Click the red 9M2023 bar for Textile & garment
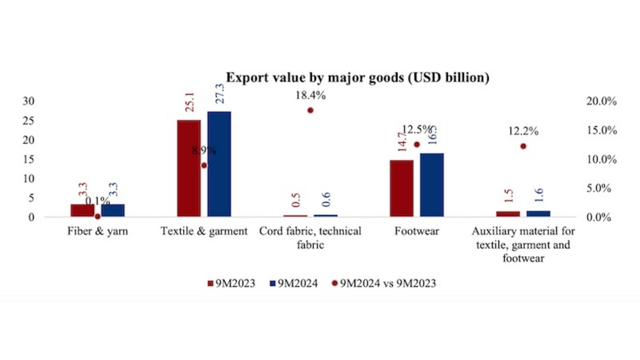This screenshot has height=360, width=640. [x=189, y=168]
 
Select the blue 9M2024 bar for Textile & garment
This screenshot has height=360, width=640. [x=219, y=164]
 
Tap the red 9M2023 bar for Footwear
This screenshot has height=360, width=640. [x=402, y=188]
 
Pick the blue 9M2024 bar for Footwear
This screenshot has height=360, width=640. [x=432, y=185]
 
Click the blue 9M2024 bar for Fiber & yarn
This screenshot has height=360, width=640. [x=113, y=210]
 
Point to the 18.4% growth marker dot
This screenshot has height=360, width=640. [x=310, y=110]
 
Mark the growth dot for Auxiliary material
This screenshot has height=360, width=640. [x=523, y=146]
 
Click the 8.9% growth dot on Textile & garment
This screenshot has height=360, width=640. [x=204, y=165]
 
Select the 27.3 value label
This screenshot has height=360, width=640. [x=220, y=94]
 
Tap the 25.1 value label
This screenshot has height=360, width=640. [x=190, y=102]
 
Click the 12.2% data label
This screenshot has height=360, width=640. [x=523, y=131]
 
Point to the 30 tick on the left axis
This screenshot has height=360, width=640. [x=29, y=101]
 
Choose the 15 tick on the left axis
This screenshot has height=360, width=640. [x=29, y=159]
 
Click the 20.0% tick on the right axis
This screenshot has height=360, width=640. [x=602, y=101]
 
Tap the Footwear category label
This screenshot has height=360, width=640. [x=417, y=231]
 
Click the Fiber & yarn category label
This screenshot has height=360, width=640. [x=98, y=231]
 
